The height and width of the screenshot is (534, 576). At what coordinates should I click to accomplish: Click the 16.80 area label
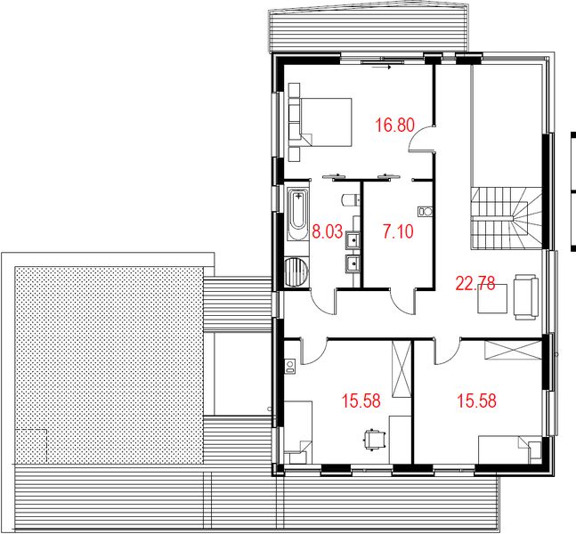coord(394,125)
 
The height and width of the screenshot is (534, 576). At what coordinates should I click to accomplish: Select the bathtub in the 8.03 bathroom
coord(296,218)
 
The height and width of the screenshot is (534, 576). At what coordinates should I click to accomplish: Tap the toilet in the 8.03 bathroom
coord(349,199)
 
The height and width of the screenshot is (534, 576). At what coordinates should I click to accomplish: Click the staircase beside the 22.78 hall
coord(503,218)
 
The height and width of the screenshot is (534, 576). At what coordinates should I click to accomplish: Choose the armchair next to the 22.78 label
coord(525,296)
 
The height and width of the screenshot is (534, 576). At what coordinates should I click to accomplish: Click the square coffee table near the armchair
coord(491,299)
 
